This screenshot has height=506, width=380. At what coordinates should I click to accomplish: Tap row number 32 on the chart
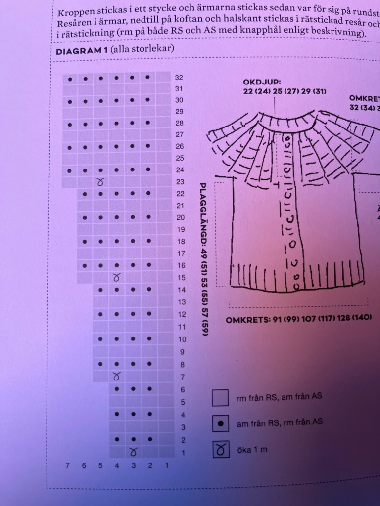(x=179, y=78)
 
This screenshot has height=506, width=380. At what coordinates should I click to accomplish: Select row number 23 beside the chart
(x=179, y=182)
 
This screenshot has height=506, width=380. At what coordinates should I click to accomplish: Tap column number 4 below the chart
(x=117, y=465)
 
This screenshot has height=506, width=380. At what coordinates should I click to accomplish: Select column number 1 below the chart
(x=167, y=465)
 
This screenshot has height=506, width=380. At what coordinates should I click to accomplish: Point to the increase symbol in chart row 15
(x=117, y=278)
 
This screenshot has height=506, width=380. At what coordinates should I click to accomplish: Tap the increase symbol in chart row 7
(x=117, y=377)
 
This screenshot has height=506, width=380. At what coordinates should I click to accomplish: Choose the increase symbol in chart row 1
(x=133, y=452)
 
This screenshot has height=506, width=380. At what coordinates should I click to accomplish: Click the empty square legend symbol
(x=220, y=397)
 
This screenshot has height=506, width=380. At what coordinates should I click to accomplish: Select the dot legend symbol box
(x=220, y=423)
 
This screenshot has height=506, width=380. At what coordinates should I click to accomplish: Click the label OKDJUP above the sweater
(x=262, y=82)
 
